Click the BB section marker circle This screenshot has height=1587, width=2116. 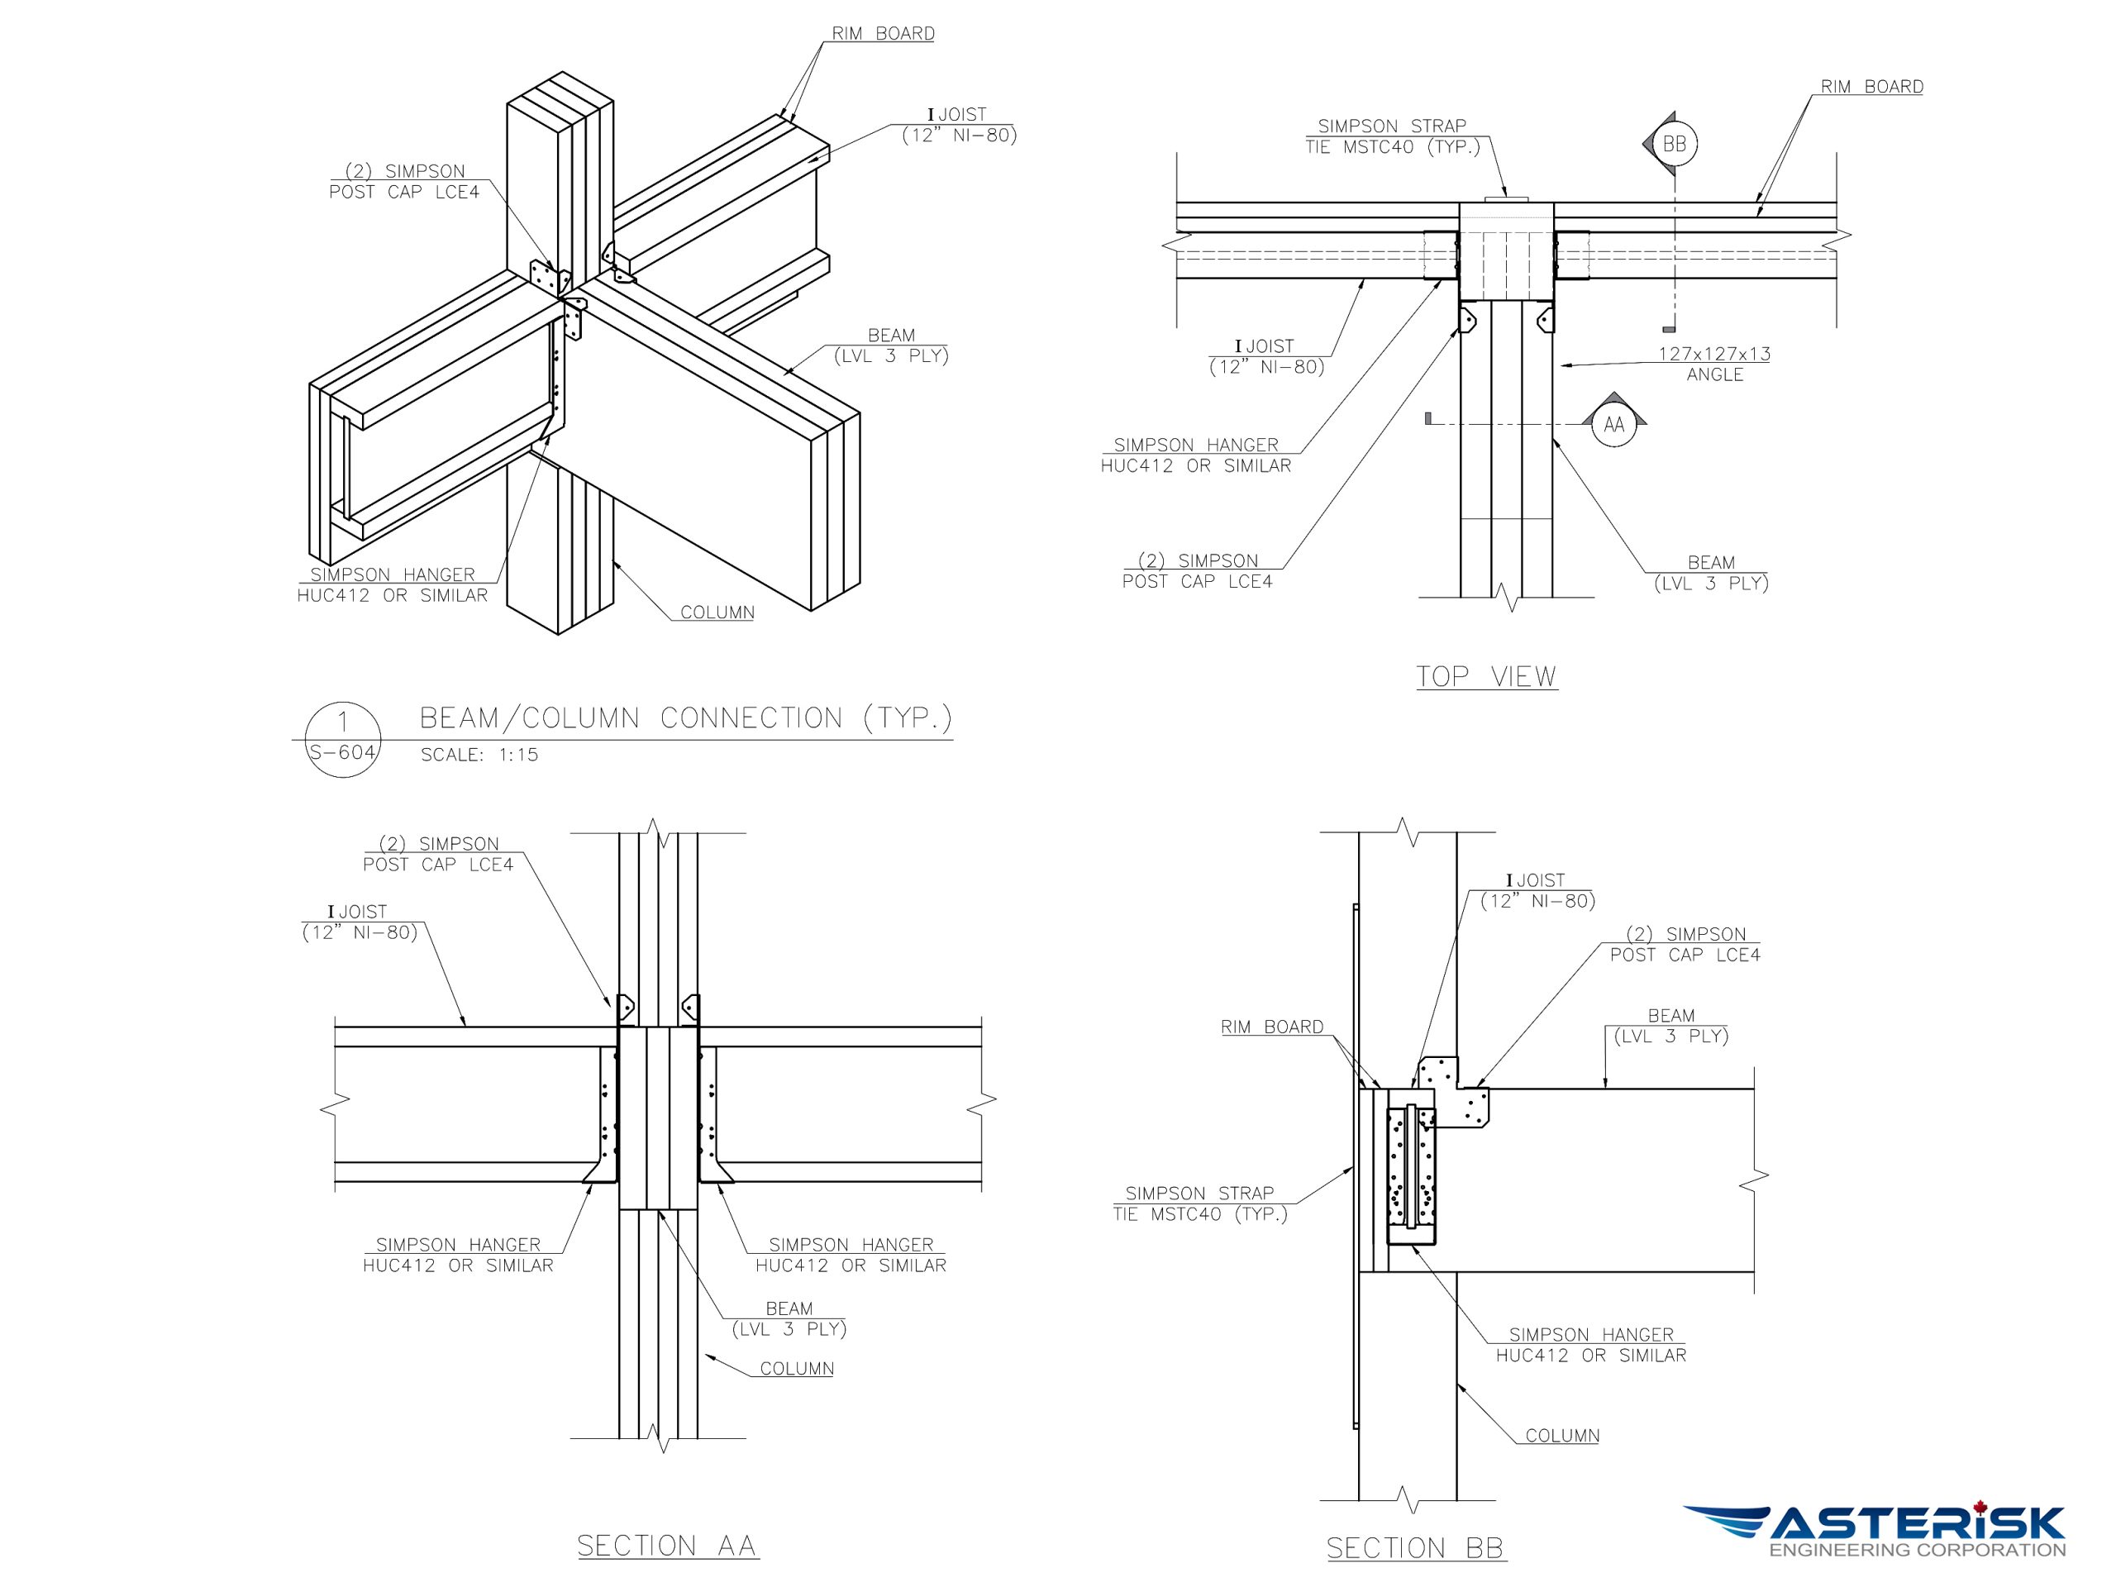point(1674,145)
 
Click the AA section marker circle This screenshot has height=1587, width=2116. point(1613,425)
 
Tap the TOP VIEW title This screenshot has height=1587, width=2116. point(1485,676)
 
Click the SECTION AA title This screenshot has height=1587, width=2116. point(667,1545)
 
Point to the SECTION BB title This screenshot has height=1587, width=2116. point(1415,1546)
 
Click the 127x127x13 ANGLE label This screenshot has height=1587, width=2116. point(1714,364)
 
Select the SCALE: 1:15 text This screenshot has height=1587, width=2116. point(479,755)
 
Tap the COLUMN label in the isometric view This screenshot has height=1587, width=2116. point(717,612)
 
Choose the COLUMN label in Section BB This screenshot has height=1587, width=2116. point(1562,1435)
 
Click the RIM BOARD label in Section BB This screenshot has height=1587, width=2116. point(1271,1027)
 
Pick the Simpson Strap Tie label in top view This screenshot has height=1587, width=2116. point(1392,136)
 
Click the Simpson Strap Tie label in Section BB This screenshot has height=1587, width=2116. point(1199,1203)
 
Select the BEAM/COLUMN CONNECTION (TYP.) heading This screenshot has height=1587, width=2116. point(686,717)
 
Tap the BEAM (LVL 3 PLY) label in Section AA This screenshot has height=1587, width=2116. point(789,1318)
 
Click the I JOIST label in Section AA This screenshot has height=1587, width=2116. point(360,922)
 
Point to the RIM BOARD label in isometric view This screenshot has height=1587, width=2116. point(882,34)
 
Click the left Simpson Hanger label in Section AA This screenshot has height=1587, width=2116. point(457,1254)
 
